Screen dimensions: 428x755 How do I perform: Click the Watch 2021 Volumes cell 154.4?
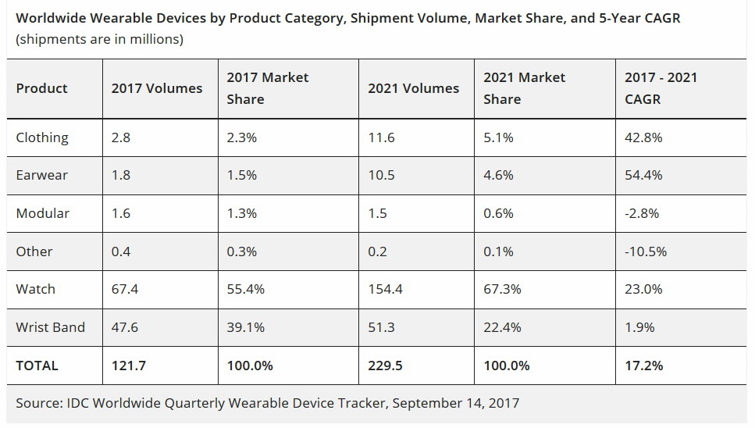tap(386, 289)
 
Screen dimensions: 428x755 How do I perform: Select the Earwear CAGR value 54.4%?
tap(643, 175)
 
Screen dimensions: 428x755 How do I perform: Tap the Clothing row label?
tap(42, 137)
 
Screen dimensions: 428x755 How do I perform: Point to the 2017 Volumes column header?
tap(157, 88)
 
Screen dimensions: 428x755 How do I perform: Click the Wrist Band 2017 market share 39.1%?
tap(245, 327)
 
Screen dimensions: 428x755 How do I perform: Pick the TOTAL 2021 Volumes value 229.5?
tap(386, 365)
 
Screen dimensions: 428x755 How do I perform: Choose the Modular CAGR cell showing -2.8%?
tap(642, 213)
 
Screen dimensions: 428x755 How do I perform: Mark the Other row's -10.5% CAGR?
tap(646, 251)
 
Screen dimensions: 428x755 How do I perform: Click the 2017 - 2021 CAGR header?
tap(661, 88)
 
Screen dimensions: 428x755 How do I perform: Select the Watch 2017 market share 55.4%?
tap(245, 289)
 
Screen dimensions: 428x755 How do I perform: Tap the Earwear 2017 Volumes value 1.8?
tap(121, 175)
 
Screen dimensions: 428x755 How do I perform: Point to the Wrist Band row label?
tap(50, 327)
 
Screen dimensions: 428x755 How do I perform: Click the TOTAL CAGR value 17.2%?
tap(643, 365)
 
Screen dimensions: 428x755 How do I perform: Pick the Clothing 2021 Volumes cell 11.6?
tap(381, 137)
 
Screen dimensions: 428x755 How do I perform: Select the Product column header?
tap(41, 88)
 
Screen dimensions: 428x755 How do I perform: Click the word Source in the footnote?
tap(38, 403)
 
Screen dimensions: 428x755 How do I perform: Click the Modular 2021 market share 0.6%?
tap(498, 213)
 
